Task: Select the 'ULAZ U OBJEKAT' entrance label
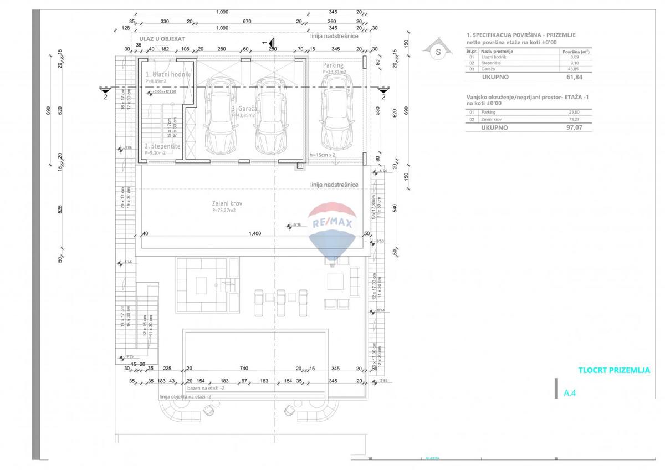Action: [162, 39]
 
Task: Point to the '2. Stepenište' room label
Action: [162, 146]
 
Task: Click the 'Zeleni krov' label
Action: [227, 203]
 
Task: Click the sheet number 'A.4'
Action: [570, 393]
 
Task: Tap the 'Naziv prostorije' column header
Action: [497, 51]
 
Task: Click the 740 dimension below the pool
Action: [243, 369]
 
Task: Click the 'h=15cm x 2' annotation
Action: [323, 155]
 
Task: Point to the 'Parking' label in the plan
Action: [333, 65]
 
